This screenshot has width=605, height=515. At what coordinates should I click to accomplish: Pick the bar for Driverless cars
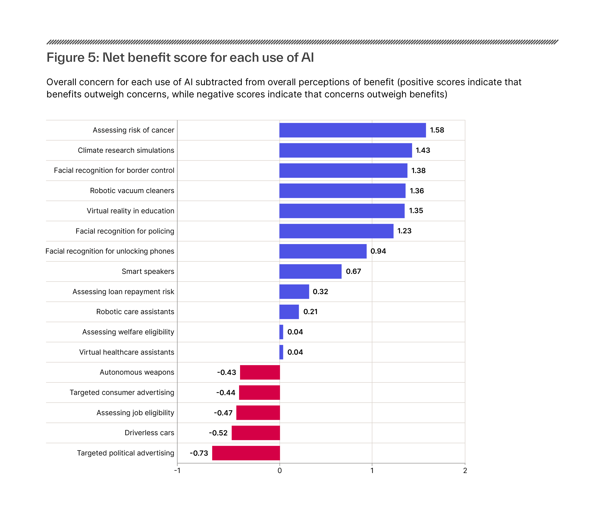[x=255, y=433]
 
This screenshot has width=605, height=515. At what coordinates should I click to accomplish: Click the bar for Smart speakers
[x=310, y=271]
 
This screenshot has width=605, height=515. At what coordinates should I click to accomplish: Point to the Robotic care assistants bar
[x=289, y=312]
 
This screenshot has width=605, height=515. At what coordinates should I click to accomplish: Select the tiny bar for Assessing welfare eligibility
[x=281, y=332]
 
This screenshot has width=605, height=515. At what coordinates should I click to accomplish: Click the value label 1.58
[x=437, y=130]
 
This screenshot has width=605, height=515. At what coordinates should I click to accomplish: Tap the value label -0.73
[x=199, y=453]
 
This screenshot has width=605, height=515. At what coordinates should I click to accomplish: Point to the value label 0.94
[x=378, y=251]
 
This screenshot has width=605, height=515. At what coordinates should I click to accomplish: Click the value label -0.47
[x=223, y=413]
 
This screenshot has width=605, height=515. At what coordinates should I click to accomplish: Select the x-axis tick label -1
[x=177, y=471]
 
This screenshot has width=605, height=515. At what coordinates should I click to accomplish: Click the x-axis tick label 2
[x=465, y=471]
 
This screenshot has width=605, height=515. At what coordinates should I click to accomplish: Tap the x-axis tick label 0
[x=280, y=471]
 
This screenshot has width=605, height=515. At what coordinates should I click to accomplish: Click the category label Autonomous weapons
[x=137, y=372]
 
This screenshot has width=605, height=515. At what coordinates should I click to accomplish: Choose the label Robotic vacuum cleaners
[x=132, y=191]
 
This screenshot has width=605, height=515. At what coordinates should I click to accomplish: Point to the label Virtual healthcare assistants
[x=126, y=352]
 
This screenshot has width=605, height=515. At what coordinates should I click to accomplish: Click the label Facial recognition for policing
[x=125, y=231]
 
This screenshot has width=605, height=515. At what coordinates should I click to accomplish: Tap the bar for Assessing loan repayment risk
[x=294, y=292]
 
